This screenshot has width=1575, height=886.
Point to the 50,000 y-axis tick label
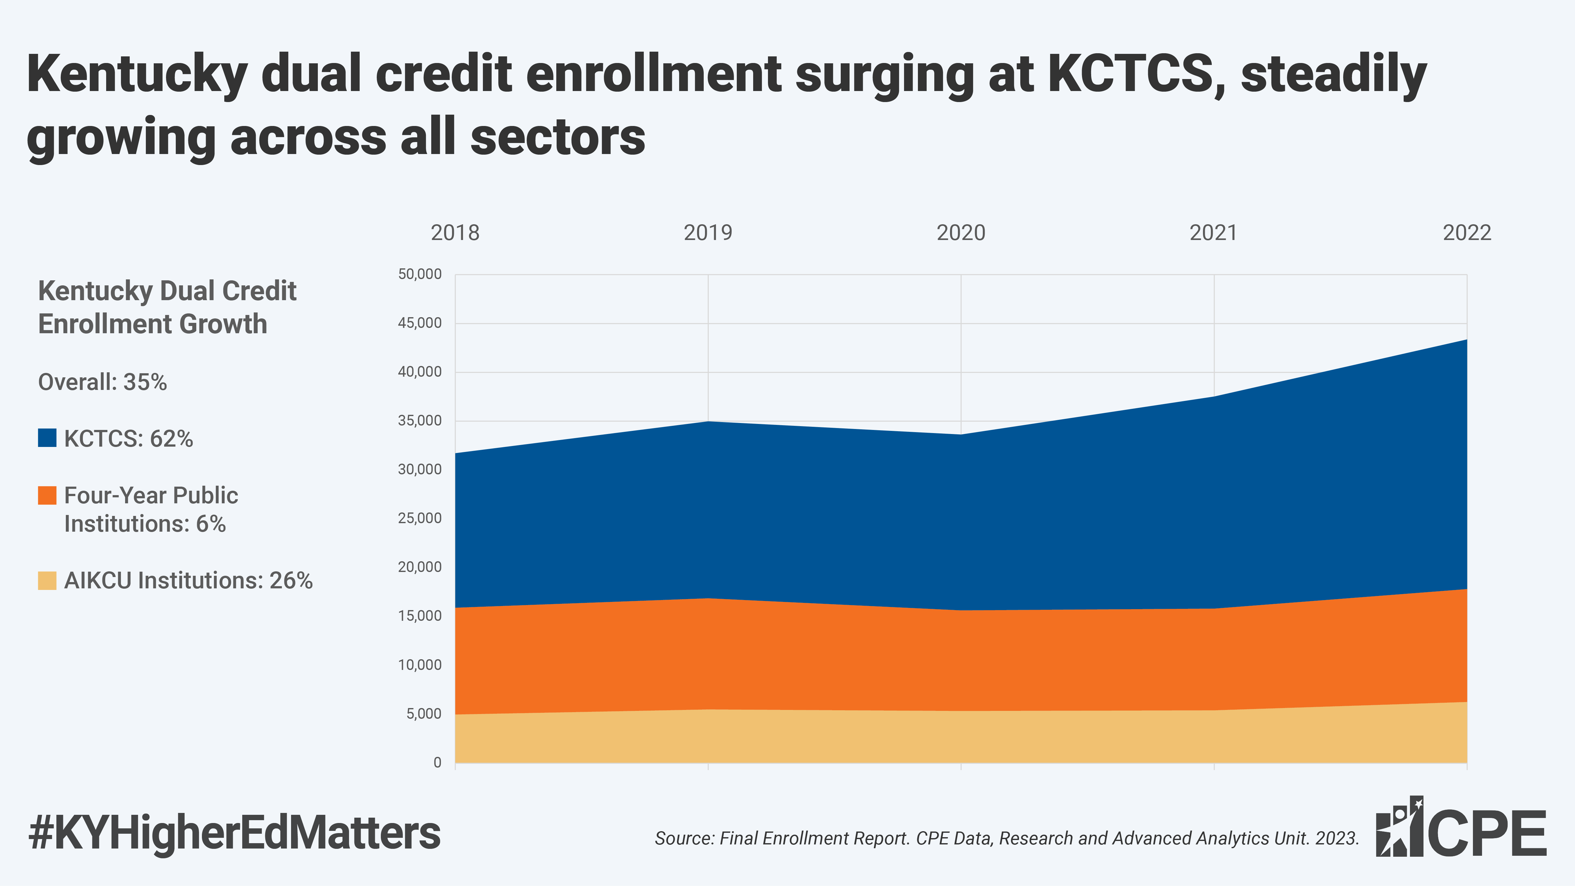point(420,274)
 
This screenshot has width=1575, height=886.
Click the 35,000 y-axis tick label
point(420,421)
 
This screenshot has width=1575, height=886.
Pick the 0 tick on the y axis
point(437,763)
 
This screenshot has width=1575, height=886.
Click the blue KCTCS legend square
point(47,438)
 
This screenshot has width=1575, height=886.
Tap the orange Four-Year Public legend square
point(47,495)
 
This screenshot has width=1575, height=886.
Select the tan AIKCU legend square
point(47,580)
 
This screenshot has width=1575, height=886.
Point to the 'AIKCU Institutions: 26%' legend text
point(188,580)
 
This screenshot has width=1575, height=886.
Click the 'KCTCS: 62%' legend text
point(129,438)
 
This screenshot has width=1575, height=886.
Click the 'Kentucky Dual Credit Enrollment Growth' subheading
point(167,307)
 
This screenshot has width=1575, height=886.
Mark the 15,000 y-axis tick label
point(420,616)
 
